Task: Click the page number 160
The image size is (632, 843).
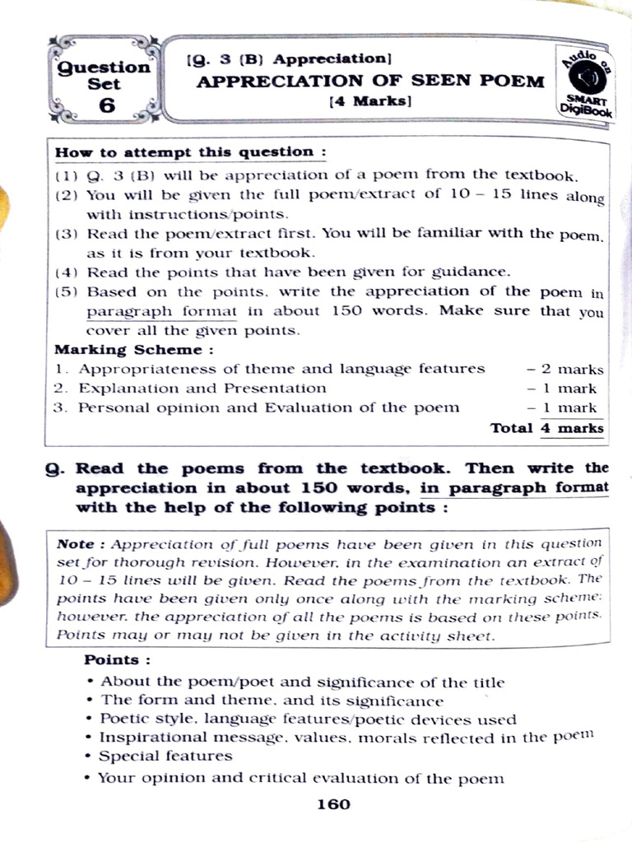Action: point(333,804)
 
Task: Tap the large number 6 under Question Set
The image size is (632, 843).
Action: point(106,105)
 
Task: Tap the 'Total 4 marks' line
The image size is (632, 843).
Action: point(546,427)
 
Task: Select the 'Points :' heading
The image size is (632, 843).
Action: point(118,660)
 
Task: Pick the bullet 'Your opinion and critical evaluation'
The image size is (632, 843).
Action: point(300,778)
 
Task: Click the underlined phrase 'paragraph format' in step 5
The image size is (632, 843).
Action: point(161,311)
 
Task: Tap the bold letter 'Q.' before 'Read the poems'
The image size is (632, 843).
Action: point(55,468)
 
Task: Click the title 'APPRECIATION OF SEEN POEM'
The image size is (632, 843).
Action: point(369,81)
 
